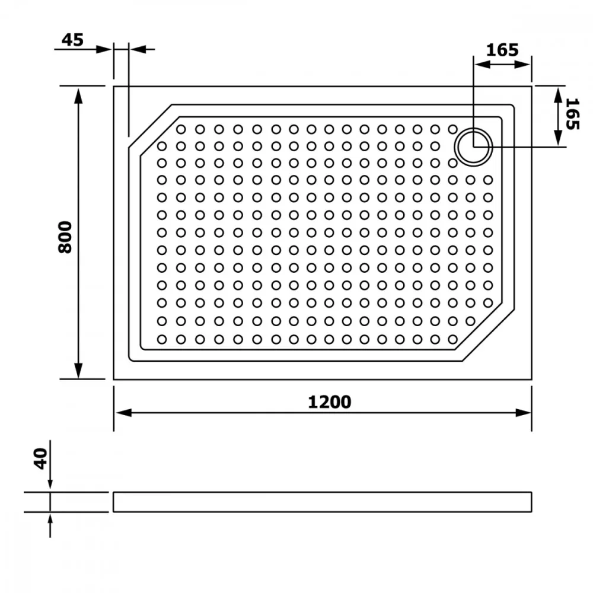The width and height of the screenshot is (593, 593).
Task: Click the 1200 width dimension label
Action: pos(329,401)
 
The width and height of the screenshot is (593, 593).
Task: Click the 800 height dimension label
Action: pos(65,237)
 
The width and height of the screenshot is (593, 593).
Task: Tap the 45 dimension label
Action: pos(72,40)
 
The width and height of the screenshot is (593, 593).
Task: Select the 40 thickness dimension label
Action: pos(40,459)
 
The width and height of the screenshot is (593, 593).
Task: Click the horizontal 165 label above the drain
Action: pos(502,50)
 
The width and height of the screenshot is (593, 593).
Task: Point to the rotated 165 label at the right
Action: pos(572,114)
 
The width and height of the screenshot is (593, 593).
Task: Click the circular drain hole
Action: pos(473,147)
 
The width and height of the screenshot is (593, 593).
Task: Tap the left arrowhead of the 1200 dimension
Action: pos(123,413)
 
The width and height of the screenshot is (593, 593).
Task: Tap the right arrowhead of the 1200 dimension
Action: pos(524,413)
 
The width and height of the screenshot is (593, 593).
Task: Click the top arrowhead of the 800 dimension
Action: pos(78,96)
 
